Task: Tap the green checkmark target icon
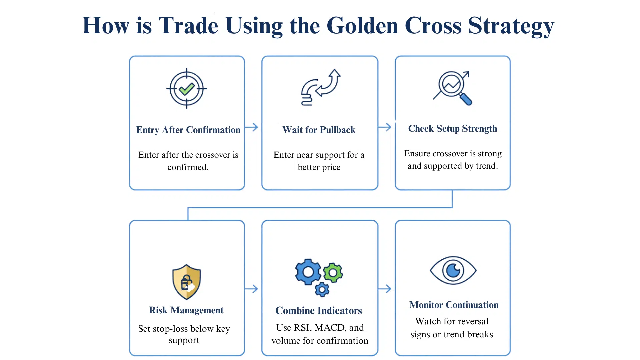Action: (187, 89)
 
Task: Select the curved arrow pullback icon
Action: (320, 87)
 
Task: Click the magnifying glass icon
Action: (453, 88)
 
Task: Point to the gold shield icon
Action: (187, 282)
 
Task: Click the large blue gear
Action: (308, 272)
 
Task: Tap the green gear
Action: (333, 273)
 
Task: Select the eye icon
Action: (453, 270)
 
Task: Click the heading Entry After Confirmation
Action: (188, 130)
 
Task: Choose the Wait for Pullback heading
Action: (319, 130)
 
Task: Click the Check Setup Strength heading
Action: (452, 129)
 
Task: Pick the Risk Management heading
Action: (186, 310)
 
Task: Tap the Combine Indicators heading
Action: (319, 311)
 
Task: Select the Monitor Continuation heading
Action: (454, 305)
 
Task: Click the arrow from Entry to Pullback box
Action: (252, 127)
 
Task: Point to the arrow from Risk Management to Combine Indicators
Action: (252, 289)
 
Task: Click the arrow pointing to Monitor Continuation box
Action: (385, 289)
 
